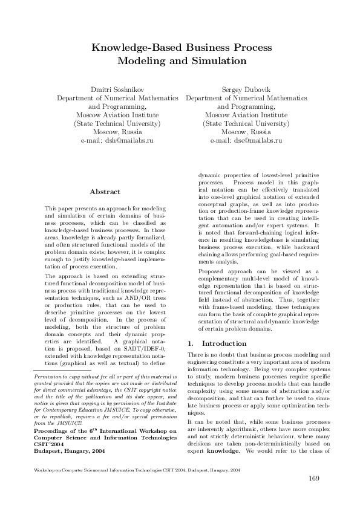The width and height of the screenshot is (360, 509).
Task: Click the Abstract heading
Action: (105, 192)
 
